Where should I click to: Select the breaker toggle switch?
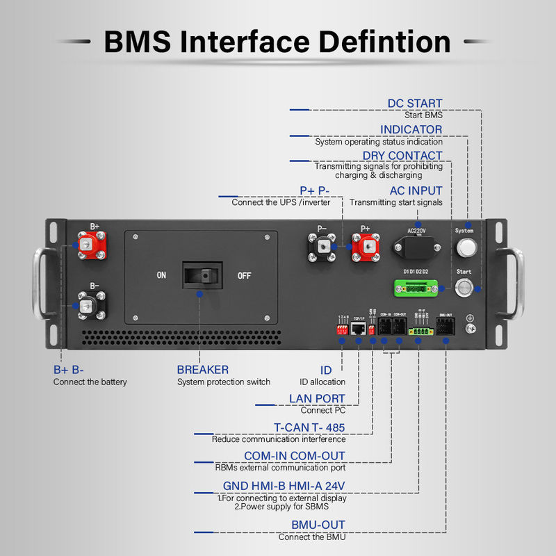tap(202, 275)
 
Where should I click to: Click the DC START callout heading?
tap(415, 104)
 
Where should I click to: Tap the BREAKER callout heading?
tap(202, 370)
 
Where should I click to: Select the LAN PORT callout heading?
tap(317, 398)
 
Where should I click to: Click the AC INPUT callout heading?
tap(416, 190)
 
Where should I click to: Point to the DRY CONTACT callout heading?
tap(402, 155)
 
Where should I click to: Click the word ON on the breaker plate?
tap(161, 275)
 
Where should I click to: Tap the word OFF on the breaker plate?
tap(244, 275)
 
